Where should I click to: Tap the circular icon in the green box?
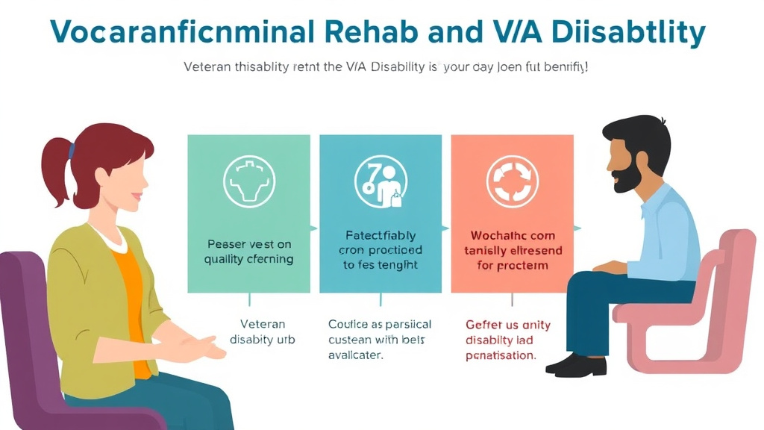pyautogui.click(x=249, y=181)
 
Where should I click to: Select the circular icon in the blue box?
pyautogui.click(x=381, y=181)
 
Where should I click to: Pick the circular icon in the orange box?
pyautogui.click(x=513, y=181)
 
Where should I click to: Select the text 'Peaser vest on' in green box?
pyautogui.click(x=249, y=244)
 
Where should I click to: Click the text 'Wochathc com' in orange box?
pyautogui.click(x=513, y=236)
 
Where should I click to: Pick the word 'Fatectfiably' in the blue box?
pyautogui.click(x=381, y=236)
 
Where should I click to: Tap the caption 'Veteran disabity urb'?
pyautogui.click(x=263, y=332)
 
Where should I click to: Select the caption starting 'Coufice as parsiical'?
pyautogui.click(x=380, y=325)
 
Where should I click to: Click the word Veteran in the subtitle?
pyautogui.click(x=210, y=67)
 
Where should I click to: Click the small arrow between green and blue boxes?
pyautogui.click(x=314, y=228)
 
